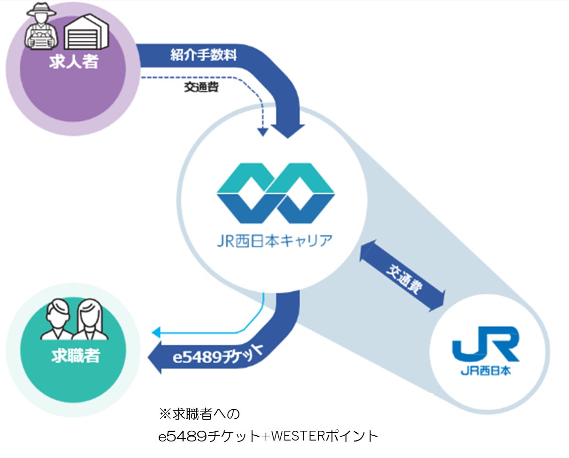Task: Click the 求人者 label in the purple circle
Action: click(x=73, y=62)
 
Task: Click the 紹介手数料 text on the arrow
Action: click(x=204, y=55)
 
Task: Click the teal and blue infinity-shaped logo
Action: click(x=276, y=193)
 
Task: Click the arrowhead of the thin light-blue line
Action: click(x=156, y=333)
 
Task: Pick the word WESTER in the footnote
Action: click(x=297, y=436)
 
